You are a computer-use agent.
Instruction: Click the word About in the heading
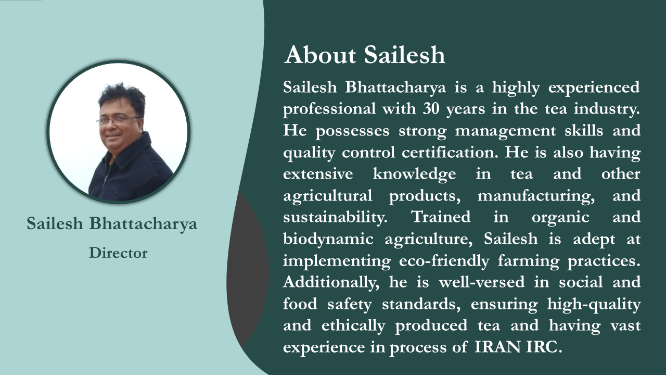[x=320, y=55]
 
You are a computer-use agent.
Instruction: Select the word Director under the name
[x=118, y=253]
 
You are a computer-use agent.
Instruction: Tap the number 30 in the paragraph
[x=431, y=109]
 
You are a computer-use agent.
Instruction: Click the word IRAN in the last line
[x=497, y=347]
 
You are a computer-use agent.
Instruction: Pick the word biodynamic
[x=328, y=239]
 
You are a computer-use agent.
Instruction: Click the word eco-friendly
[x=444, y=261]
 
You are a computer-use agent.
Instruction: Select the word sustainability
[x=335, y=217]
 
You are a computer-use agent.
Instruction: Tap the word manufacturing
[x=536, y=196]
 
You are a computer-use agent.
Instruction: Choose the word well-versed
[x=482, y=282]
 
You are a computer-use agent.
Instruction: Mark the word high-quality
[x=594, y=304]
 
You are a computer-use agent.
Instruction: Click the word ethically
[x=353, y=326]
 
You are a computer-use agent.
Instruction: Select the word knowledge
[x=414, y=174]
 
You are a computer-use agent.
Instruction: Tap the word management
[x=505, y=131]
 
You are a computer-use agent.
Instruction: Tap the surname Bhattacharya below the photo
[x=143, y=224]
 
